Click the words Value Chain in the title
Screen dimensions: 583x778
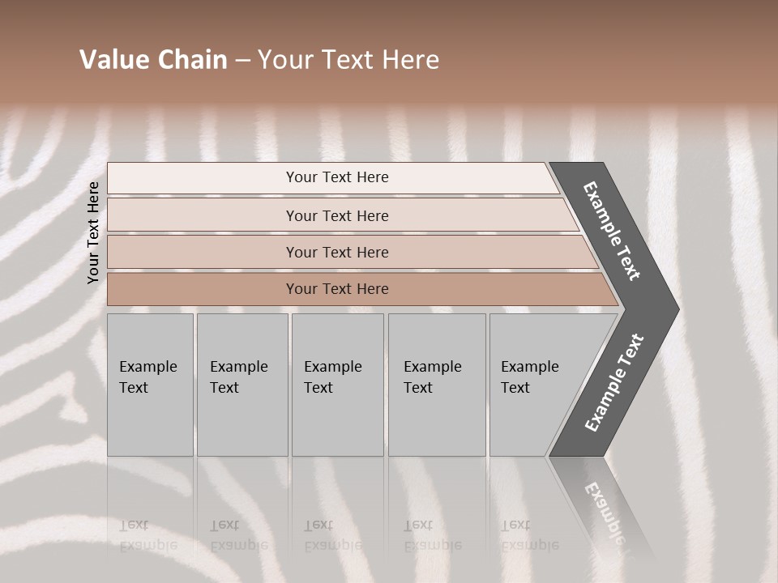(x=153, y=60)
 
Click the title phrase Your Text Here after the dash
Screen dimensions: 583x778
(x=348, y=60)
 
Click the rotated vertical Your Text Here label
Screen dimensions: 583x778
(x=93, y=232)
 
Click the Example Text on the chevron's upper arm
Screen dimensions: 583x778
(x=612, y=231)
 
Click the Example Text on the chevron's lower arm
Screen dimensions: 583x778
(x=614, y=383)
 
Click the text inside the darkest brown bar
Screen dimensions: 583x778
(x=337, y=289)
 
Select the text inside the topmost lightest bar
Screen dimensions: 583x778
(x=337, y=177)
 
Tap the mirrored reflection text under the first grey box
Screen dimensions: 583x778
(x=147, y=535)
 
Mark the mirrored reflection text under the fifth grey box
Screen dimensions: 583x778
(x=529, y=535)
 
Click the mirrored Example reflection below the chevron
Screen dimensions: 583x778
(x=605, y=510)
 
